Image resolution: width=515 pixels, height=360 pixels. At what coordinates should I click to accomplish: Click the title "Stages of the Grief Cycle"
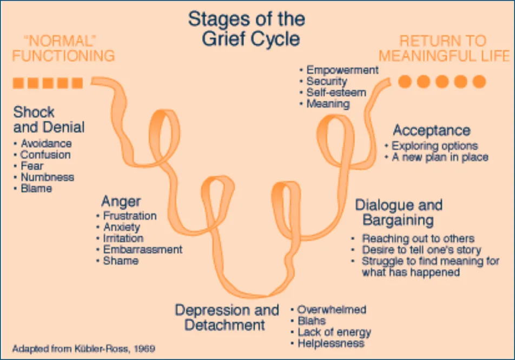pos(246,29)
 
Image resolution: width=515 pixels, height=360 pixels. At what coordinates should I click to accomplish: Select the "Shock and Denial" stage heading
pos(49,120)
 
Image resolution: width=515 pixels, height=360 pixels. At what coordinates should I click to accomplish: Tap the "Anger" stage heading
pos(121,201)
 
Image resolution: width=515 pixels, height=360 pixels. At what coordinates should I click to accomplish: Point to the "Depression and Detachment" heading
pos(227,318)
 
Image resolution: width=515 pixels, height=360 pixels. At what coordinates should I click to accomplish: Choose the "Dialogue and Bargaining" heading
pos(399,213)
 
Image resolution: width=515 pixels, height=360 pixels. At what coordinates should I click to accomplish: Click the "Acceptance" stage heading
pos(431,130)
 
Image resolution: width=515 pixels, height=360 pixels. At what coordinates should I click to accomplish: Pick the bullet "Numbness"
pos(47,177)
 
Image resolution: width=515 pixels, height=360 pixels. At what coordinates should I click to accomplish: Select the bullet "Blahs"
pos(311,321)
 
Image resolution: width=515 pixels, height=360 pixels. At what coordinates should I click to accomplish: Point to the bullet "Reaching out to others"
pos(418,238)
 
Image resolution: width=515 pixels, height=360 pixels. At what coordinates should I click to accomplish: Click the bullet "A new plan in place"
pos(440,157)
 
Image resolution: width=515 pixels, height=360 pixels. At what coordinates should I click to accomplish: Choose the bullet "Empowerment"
pos(342,70)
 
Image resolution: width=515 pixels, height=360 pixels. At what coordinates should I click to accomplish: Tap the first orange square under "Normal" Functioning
pos(18,83)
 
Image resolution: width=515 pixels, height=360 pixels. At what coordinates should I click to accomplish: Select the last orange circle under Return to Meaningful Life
pos(479,82)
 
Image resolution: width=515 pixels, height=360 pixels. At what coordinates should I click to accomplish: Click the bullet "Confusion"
pos(45,155)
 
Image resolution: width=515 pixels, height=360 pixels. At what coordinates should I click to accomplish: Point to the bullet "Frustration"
pos(130,216)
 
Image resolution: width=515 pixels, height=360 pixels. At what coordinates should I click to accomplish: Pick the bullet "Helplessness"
pos(331,343)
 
